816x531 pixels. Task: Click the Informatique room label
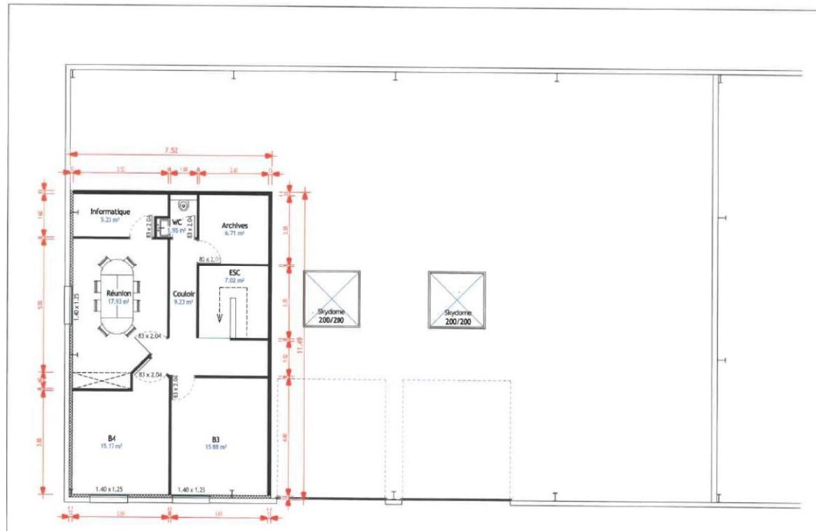(x=110, y=211)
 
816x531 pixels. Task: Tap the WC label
(x=178, y=222)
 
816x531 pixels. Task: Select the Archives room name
(x=235, y=226)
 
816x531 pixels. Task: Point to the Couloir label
(x=184, y=295)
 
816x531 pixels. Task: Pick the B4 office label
(x=112, y=438)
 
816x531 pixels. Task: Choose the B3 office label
(x=216, y=439)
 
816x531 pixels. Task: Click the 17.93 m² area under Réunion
(x=119, y=302)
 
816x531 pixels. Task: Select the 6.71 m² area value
(x=235, y=233)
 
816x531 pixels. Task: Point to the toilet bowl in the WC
(x=184, y=205)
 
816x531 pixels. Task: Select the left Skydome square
(x=332, y=299)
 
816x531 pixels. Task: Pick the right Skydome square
(x=457, y=300)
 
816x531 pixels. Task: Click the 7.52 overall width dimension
(x=171, y=150)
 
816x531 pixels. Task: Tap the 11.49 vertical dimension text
(x=301, y=344)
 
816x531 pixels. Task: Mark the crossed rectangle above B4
(x=102, y=381)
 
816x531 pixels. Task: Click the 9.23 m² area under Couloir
(x=184, y=302)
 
